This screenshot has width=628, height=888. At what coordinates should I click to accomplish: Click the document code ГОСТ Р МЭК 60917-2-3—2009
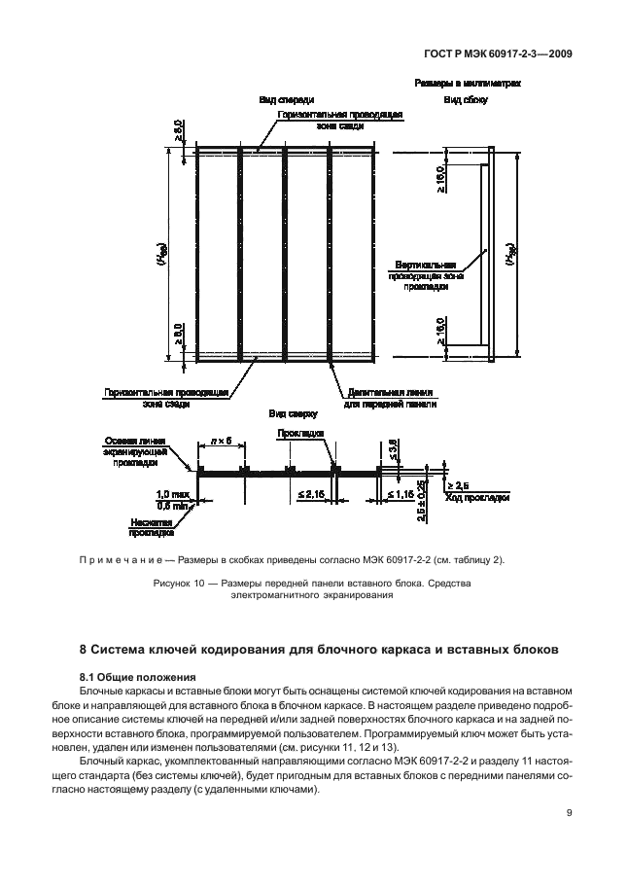point(497,54)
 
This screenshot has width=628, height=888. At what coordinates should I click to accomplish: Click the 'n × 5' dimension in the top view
point(221,443)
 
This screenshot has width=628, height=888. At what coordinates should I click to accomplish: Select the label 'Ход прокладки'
point(477,498)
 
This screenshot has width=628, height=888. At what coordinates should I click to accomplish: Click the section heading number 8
point(83,649)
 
